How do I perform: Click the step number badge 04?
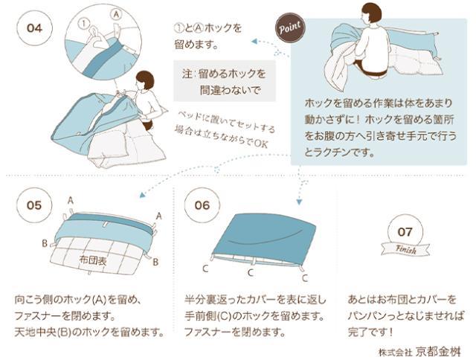(35, 28)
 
